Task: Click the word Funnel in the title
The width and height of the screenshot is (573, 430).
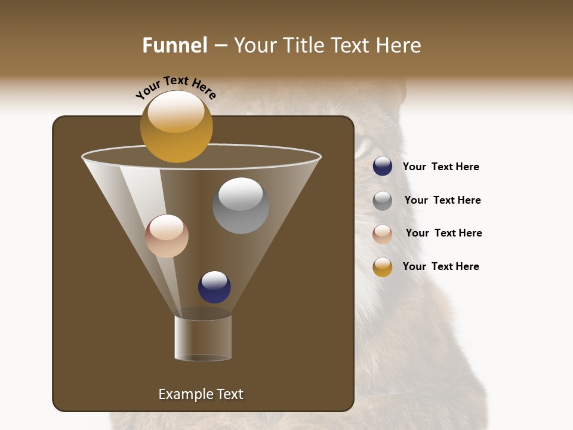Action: tap(174, 45)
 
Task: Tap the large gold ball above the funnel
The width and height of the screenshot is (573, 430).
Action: tap(176, 127)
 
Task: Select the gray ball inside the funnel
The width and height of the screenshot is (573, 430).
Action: tap(241, 206)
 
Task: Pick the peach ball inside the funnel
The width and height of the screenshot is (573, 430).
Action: tap(167, 236)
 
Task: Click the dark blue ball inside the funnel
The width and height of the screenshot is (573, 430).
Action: tap(214, 287)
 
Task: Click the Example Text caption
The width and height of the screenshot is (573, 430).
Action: tap(201, 394)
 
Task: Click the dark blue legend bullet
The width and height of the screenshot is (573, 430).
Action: tap(383, 167)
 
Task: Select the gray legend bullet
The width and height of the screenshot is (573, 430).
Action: tap(383, 201)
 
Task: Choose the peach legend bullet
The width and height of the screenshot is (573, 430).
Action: tap(383, 234)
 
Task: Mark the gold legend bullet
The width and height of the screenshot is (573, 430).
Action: tap(383, 267)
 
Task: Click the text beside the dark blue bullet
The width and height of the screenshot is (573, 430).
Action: tap(440, 167)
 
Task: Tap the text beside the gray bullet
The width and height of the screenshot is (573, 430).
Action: tap(442, 200)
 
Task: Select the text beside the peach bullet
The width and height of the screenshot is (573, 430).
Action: tap(443, 233)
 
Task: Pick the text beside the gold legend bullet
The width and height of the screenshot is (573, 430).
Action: tap(440, 266)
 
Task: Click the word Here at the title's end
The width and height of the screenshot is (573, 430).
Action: tap(399, 45)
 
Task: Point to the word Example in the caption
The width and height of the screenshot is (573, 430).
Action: tap(183, 394)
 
